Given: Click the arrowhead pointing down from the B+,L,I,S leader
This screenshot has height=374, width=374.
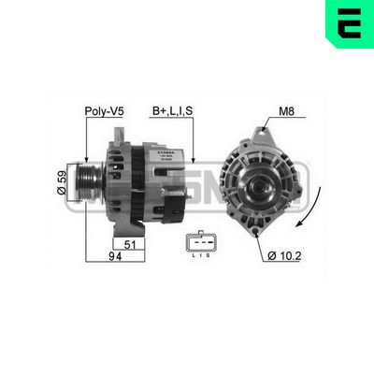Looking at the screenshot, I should (194, 160).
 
